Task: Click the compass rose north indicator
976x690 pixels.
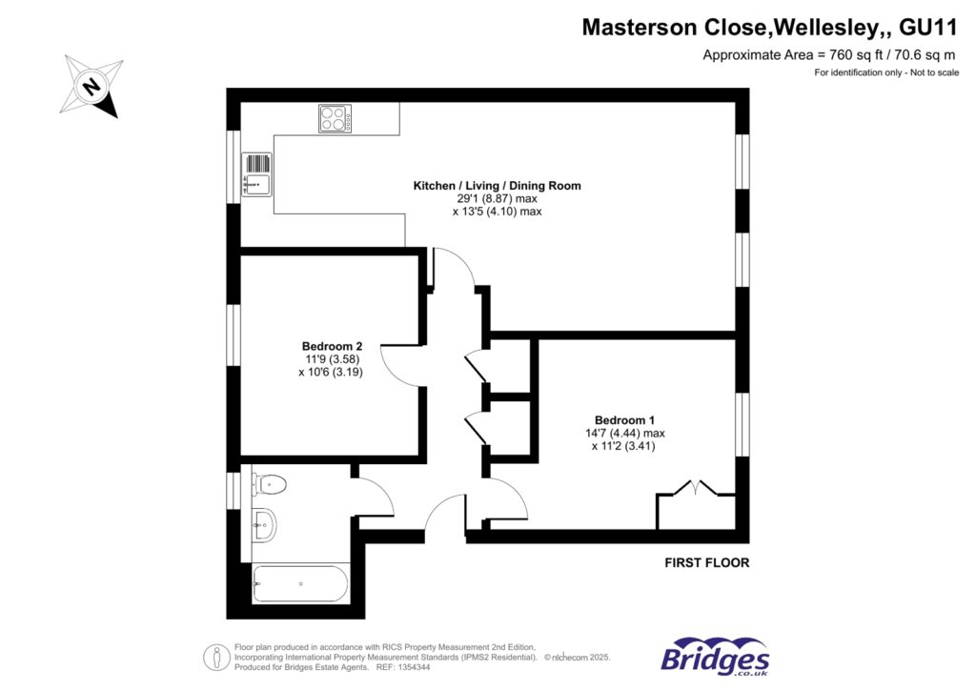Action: (91, 87)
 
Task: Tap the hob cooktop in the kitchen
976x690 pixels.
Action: (335, 118)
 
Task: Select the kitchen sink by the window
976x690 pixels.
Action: (258, 175)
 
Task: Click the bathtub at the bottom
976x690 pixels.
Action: (299, 582)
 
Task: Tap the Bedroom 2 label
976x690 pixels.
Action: (332, 346)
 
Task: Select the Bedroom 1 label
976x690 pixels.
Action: (624, 419)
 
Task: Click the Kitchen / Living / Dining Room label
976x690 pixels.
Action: (497, 186)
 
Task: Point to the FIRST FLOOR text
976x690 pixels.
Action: (706, 563)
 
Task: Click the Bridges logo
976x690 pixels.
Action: (715, 657)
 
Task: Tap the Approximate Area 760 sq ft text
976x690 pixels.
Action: (829, 55)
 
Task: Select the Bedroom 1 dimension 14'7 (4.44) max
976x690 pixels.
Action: (624, 433)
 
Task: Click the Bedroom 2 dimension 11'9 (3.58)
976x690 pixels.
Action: (331, 359)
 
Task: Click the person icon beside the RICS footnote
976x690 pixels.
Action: (214, 657)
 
